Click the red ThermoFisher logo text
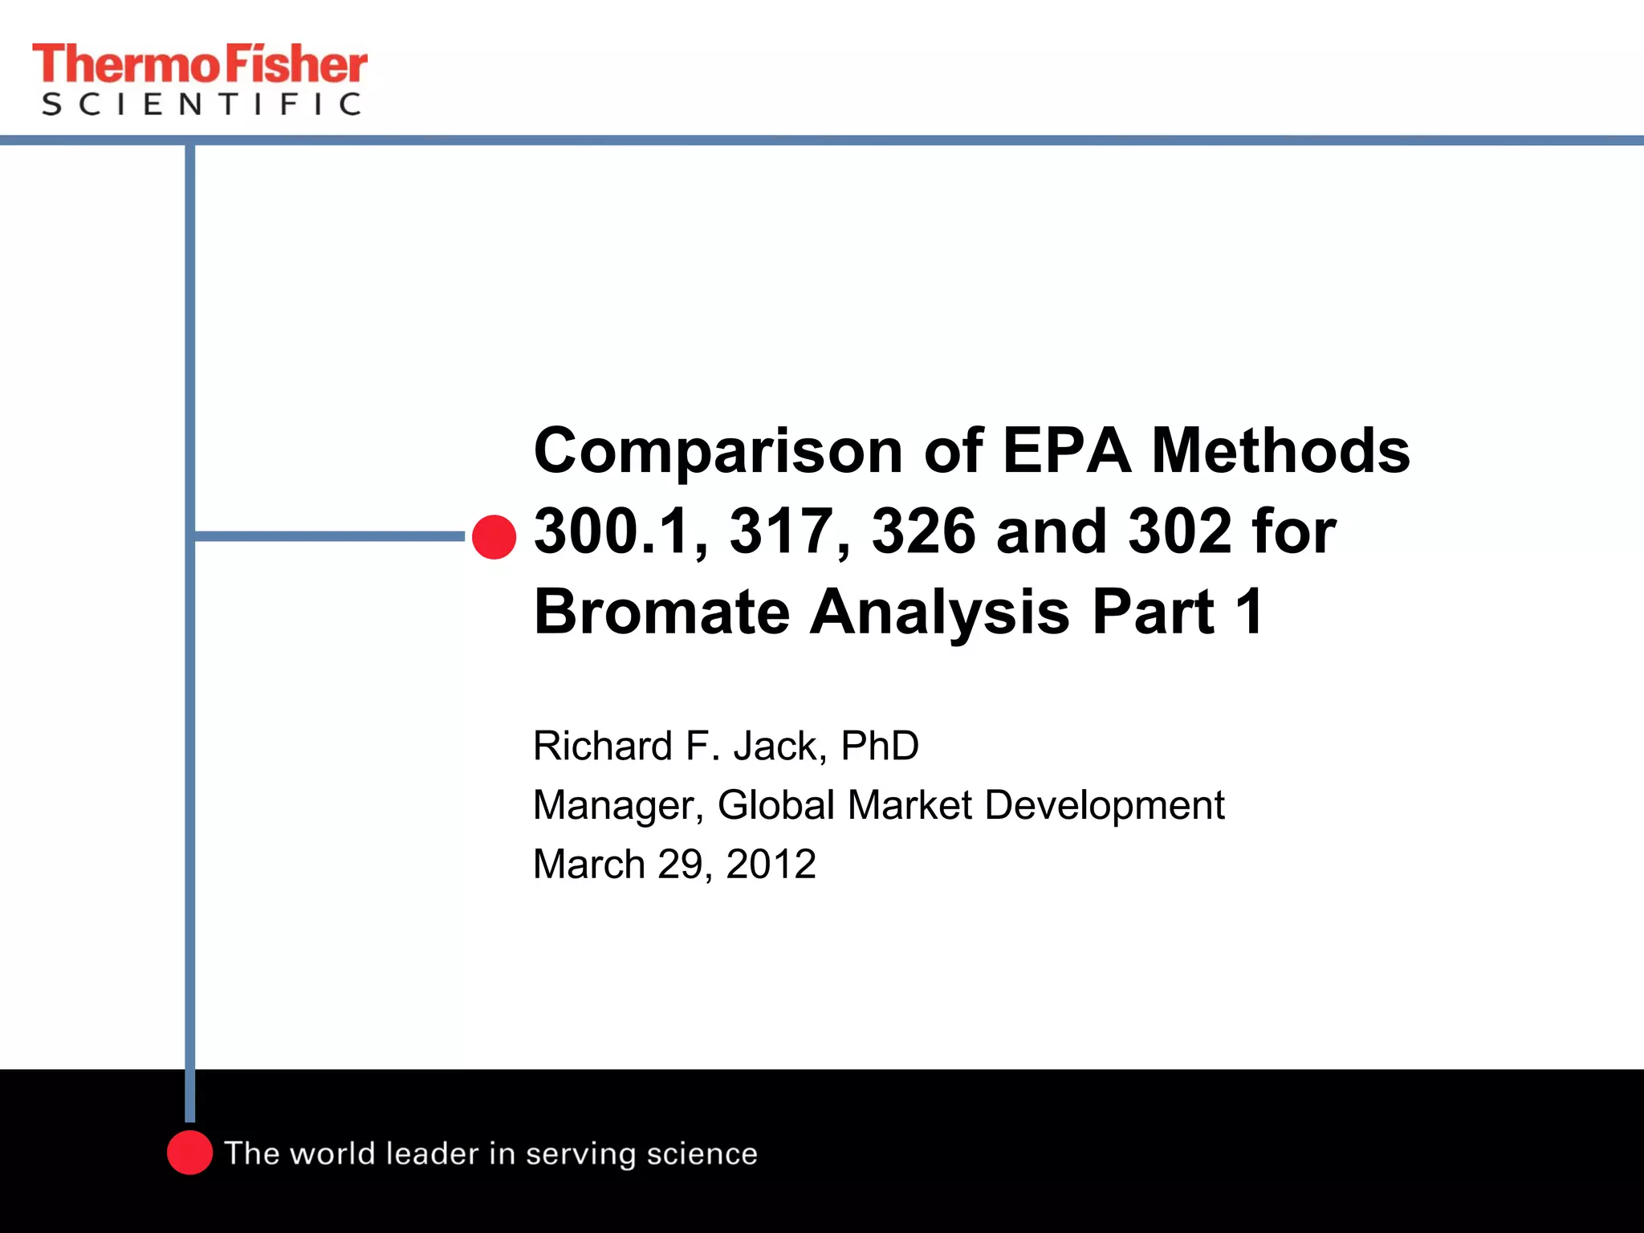tap(199, 64)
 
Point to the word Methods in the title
tap(1280, 451)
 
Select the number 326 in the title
tap(923, 531)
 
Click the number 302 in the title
tap(1180, 531)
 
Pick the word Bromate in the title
tap(661, 612)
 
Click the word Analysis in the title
tap(939, 612)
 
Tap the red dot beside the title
tap(494, 537)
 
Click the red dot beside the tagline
tap(189, 1153)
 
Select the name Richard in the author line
tap(603, 746)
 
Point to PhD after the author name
tap(879, 746)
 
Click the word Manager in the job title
tap(618, 805)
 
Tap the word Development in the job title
tap(1104, 805)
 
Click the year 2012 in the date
tap(771, 865)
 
